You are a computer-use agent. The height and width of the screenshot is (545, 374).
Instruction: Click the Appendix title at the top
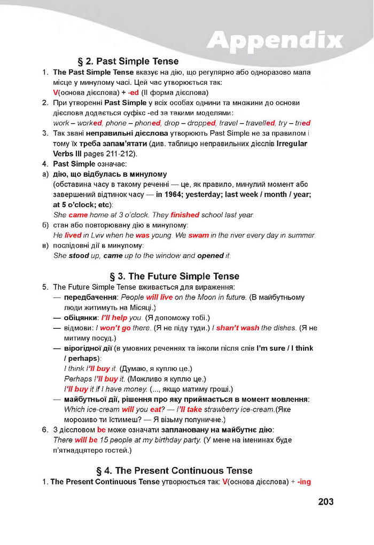[x=275, y=40]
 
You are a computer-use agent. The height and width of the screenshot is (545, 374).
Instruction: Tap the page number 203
[x=325, y=502]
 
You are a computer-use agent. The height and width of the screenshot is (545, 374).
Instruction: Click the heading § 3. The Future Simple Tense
[x=174, y=276]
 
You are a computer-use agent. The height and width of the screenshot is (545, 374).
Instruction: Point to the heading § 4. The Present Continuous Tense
[x=174, y=470]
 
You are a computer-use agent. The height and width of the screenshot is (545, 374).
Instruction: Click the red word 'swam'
[x=199, y=235]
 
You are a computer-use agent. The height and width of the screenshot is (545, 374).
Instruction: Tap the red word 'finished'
[x=185, y=215]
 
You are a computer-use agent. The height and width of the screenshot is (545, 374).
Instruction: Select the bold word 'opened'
[x=211, y=256]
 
